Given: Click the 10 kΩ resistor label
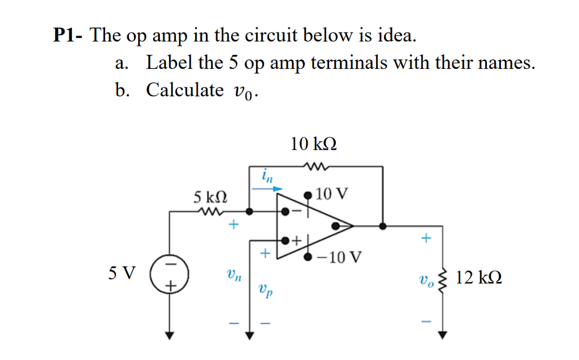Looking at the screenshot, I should [x=314, y=144].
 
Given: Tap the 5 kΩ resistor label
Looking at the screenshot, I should [x=210, y=197].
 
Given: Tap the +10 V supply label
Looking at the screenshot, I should [x=332, y=194].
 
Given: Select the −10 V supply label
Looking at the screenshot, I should [x=338, y=258].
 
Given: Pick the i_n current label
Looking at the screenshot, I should [x=267, y=176].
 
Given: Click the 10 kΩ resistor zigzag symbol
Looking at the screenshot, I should [x=314, y=166].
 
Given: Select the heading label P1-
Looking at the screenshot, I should [x=69, y=36].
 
